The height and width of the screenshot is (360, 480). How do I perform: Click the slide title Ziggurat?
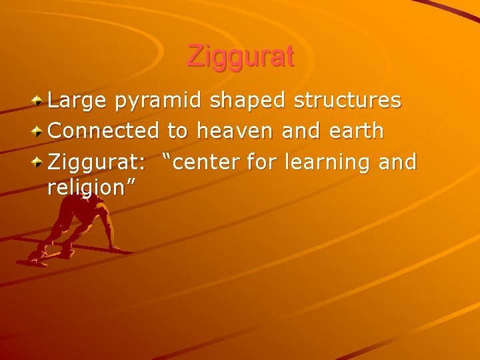pyautogui.click(x=240, y=56)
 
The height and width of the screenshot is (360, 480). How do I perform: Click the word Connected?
pyautogui.click(x=103, y=131)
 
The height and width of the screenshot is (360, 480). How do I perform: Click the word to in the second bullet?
pyautogui.click(x=177, y=131)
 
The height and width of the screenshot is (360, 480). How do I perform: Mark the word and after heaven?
pyautogui.click(x=297, y=131)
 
